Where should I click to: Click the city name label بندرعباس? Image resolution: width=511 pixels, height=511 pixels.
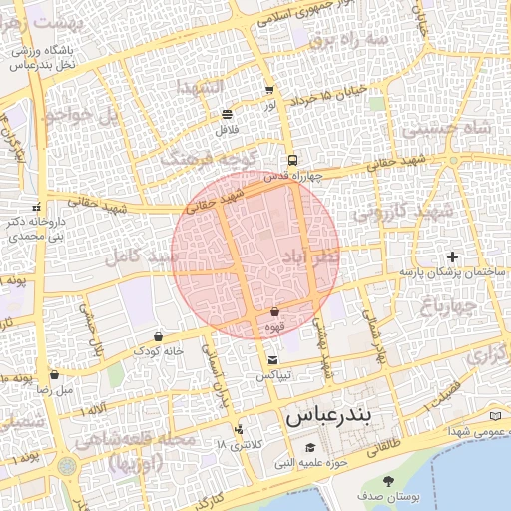tap(327, 418)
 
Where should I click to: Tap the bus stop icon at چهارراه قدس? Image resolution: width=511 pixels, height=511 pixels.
tap(292, 160)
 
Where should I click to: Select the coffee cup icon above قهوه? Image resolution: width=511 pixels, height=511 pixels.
tap(274, 312)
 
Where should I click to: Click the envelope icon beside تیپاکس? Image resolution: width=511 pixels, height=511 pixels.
tap(273, 360)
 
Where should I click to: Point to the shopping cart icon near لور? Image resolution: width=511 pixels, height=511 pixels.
tap(270, 90)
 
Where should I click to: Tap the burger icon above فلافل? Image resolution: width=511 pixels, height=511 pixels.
tap(227, 113)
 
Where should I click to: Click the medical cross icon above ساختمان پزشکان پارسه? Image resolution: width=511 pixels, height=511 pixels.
tap(454, 256)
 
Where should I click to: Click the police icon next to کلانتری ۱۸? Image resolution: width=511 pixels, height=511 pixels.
tap(238, 431)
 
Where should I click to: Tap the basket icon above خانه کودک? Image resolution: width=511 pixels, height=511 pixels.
tap(159, 336)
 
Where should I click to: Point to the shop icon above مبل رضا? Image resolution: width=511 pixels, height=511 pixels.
tap(54, 376)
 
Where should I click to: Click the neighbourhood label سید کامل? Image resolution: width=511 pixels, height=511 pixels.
tap(146, 257)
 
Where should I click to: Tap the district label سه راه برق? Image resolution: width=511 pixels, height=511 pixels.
tap(346, 40)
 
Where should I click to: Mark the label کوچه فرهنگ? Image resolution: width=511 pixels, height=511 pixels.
tap(209, 158)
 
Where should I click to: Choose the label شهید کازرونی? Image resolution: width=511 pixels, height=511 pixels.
tap(402, 211)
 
